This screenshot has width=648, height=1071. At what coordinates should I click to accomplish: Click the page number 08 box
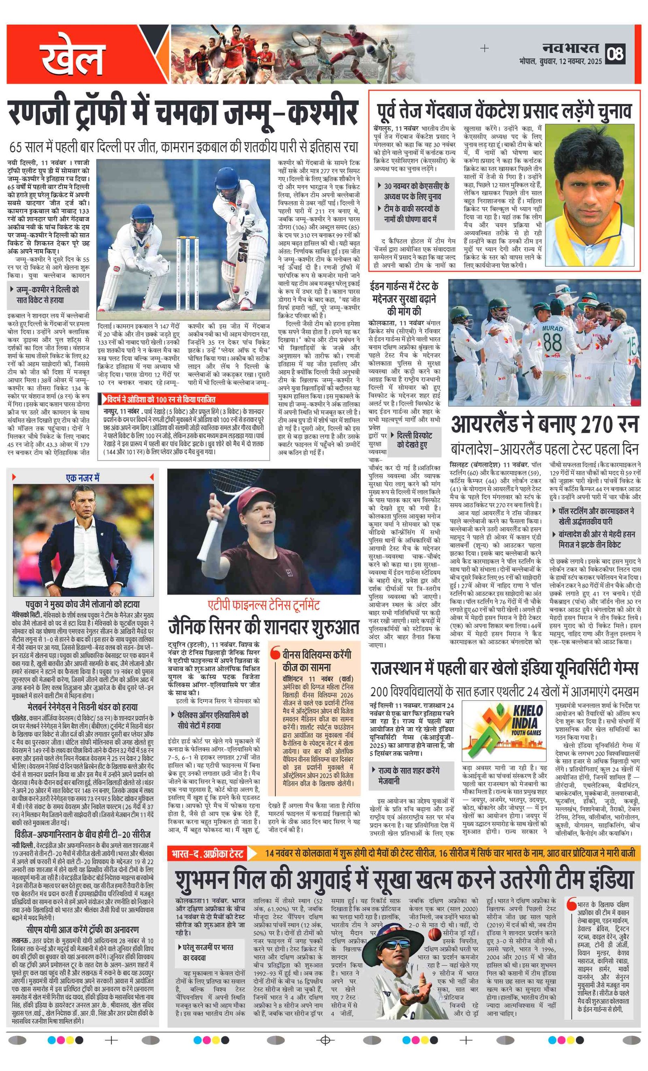click(616, 54)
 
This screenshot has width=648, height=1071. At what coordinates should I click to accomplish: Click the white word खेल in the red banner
click(72, 58)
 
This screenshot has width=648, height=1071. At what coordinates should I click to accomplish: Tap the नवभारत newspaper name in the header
click(571, 48)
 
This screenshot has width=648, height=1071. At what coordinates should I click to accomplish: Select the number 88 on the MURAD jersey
click(552, 342)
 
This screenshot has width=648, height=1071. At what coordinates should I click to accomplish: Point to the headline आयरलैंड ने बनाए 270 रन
click(545, 425)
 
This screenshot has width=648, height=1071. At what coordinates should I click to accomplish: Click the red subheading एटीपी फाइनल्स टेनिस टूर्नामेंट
click(264, 605)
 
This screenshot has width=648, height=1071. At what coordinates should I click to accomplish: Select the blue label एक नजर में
click(83, 478)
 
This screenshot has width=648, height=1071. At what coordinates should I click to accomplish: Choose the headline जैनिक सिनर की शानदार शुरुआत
click(264, 627)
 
